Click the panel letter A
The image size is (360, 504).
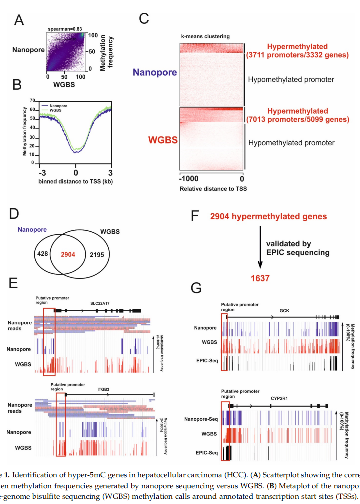19,20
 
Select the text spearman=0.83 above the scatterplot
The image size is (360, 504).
65,29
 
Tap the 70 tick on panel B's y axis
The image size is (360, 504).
31,100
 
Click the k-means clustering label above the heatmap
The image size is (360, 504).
205,36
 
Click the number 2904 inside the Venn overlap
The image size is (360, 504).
68,255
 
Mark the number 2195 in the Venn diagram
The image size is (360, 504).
97,255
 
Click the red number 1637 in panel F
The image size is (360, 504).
260,278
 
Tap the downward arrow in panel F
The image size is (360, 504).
260,248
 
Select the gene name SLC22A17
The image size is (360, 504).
99,303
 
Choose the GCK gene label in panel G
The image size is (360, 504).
285,310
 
